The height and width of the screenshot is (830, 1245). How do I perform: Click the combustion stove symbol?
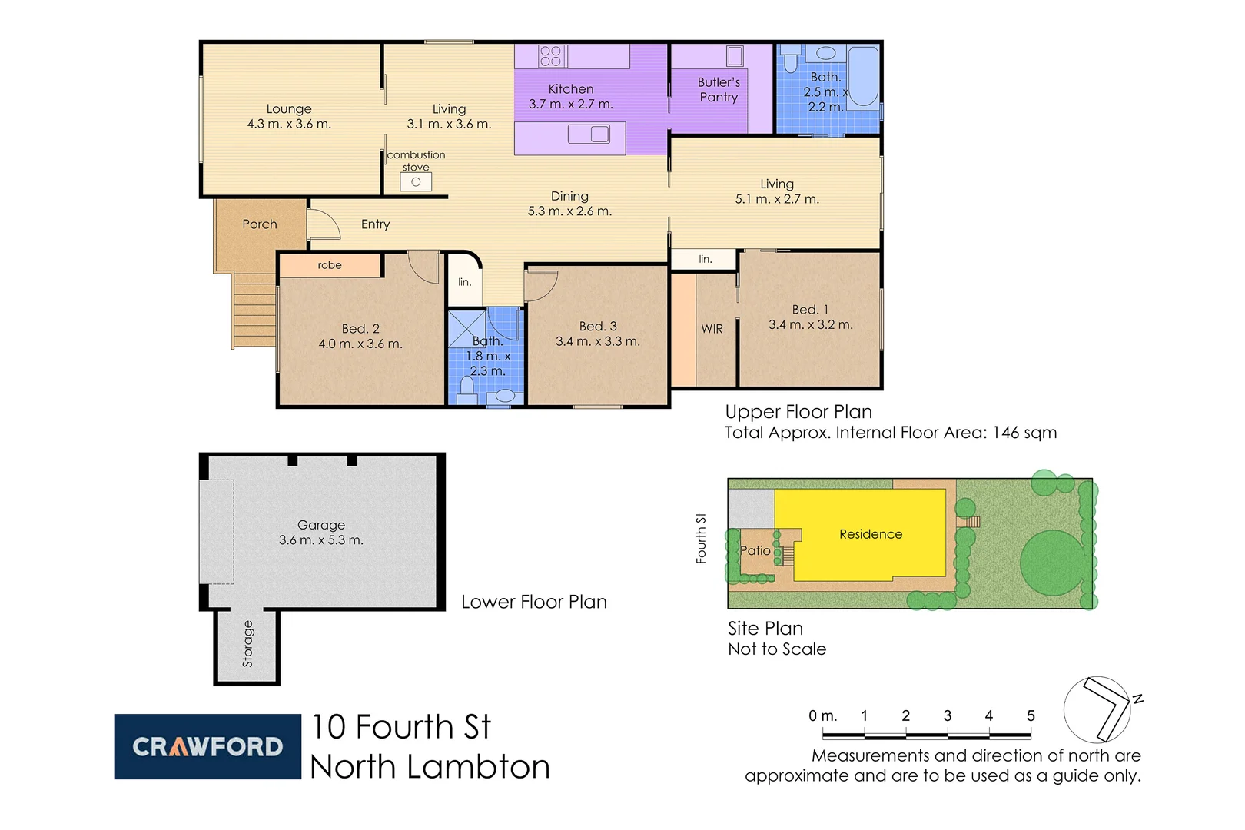point(416,182)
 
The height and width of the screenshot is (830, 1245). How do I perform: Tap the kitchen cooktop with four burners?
point(551,56)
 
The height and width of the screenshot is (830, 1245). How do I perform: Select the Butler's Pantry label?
point(719,89)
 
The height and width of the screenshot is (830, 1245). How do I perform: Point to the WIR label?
point(712,329)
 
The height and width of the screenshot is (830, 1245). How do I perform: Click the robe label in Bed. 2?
point(330,265)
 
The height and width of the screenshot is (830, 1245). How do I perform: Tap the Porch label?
point(260,224)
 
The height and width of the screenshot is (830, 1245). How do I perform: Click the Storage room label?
point(247,644)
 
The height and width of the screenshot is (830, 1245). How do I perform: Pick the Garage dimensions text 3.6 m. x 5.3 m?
point(321,540)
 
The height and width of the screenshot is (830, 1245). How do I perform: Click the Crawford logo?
point(207,746)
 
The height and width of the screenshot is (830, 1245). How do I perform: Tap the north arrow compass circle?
point(1097,709)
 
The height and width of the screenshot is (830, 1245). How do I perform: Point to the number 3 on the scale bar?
point(948,715)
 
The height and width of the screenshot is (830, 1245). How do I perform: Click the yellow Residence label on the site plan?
point(871,534)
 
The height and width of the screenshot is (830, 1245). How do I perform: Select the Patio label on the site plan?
point(755,550)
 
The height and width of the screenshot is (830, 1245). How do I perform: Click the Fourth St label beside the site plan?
point(701,538)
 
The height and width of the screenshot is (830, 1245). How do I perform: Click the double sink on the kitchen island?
point(589,134)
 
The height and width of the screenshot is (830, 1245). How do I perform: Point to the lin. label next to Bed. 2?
point(464,282)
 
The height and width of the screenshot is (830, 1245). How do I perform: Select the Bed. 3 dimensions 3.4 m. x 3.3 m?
point(598,341)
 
